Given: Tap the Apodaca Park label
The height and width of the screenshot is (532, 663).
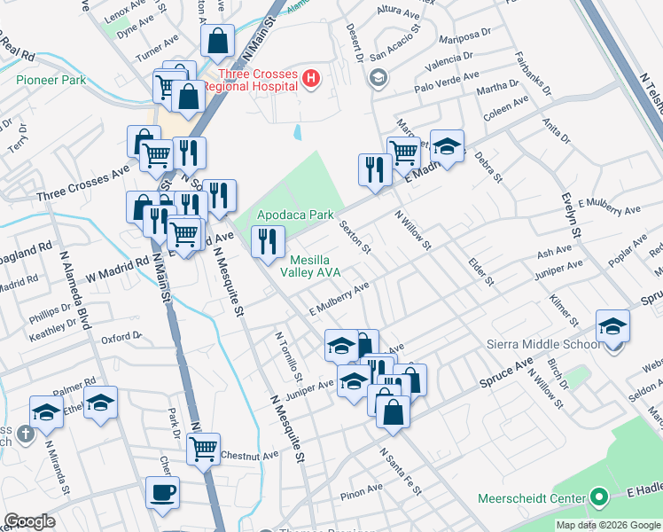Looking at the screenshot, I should point(295,215).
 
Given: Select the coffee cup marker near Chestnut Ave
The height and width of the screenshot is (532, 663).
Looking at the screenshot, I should point(163,491).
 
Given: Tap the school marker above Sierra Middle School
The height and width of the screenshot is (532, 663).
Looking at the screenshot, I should point(612,326).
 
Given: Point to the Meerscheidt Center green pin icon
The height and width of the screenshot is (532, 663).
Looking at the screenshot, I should point(598,497).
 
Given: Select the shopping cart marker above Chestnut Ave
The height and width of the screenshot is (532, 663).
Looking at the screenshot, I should point(204,449).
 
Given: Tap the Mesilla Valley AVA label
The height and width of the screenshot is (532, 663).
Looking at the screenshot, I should point(316,266).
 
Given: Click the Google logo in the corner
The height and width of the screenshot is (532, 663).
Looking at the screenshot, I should point(28,521).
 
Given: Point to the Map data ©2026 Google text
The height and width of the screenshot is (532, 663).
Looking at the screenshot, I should point(607,525).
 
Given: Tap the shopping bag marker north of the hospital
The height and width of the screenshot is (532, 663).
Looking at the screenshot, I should point(217,41).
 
